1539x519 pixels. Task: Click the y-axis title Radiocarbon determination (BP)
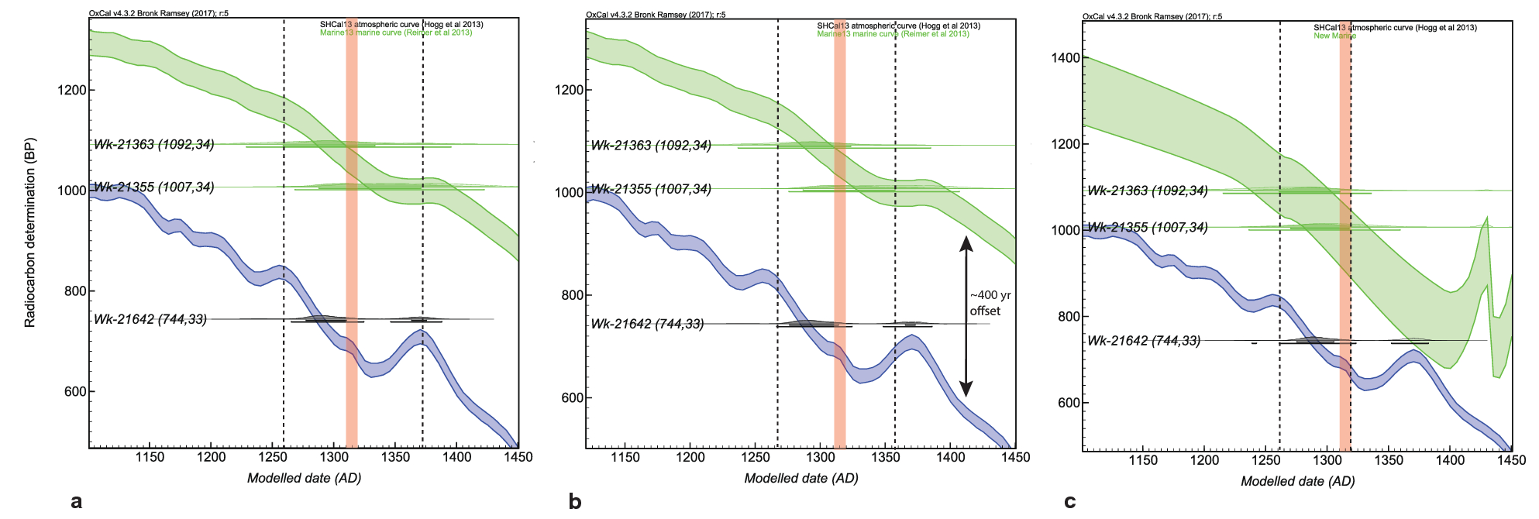pos(30,232)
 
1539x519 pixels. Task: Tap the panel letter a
pos(76,502)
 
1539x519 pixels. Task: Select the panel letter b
pos(574,502)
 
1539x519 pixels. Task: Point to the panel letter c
pos(1069,502)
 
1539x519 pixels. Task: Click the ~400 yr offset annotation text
pos(990,303)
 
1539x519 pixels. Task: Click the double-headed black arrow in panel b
pos(966,316)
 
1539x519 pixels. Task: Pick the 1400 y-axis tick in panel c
pos(1065,58)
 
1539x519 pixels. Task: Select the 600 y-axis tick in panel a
pos(75,392)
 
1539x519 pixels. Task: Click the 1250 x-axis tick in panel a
pos(272,457)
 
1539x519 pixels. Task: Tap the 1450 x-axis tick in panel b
pos(1014,457)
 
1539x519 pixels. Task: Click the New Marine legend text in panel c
pos(1334,36)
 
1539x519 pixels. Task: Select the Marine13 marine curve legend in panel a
pos(395,33)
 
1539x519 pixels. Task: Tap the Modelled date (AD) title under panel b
pos(800,479)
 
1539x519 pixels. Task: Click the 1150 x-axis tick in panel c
pos(1142,460)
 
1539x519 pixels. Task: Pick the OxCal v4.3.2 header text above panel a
pos(158,13)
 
